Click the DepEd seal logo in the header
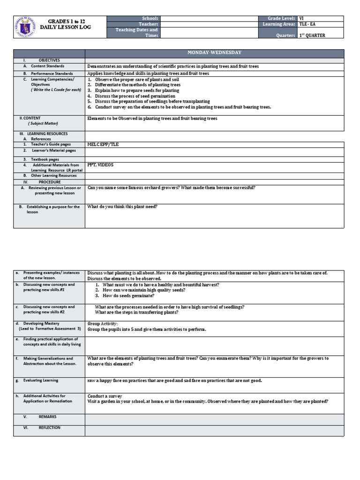pos(26,26)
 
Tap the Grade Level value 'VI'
pos(302,18)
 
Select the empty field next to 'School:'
pos(210,18)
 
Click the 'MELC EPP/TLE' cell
pos(103,145)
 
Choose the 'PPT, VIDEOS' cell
pos(100,165)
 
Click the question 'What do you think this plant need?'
pos(122,206)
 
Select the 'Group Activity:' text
pos(103,323)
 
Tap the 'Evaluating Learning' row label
pos(42,381)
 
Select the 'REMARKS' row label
pos(47,416)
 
